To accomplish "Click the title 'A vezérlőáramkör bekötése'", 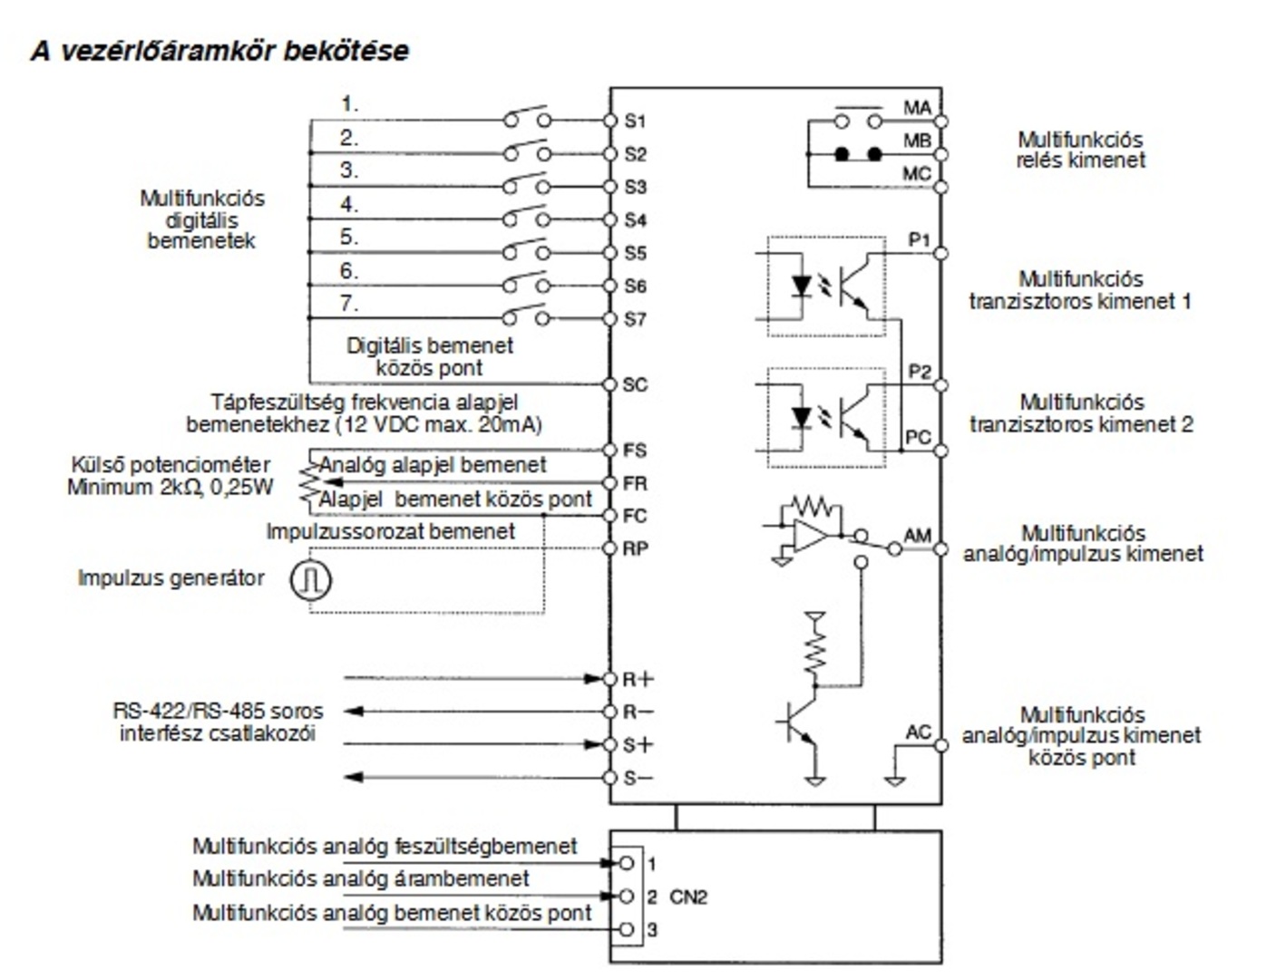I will pos(219,51).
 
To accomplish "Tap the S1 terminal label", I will pos(636,121).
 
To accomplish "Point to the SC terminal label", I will pos(636,384).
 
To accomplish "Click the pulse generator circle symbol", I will pos(310,579).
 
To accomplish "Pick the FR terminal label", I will pos(636,483).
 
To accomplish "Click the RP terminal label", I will pos(636,548).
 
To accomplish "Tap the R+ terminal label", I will pos(638,679).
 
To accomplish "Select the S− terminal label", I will pos(638,778).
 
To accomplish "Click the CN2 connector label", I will pos(688,897).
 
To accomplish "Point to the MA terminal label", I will pos(917,108).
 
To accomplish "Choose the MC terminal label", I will pos(917,173).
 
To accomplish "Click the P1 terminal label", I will pos(920,240).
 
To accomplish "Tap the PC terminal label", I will pos(919,437).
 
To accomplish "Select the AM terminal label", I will pos(917,536).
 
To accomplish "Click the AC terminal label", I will pos(918,732).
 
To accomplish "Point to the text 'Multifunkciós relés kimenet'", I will pos(1080,150).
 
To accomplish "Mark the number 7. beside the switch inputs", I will pos(349,304).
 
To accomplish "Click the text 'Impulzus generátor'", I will pos(171,578).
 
